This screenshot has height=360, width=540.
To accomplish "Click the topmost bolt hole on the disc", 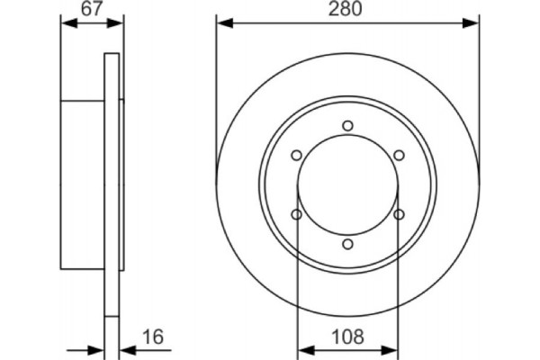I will point(348,126).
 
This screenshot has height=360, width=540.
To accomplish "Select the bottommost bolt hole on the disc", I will point(348,243).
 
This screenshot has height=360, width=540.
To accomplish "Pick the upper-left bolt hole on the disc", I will point(297,155).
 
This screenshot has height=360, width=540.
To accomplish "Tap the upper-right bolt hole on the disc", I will point(400,155).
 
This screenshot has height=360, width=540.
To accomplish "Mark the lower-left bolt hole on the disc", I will point(297,214).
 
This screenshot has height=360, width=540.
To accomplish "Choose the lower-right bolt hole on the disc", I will point(400,214).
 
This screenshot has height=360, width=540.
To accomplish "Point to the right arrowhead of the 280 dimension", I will point(473,20).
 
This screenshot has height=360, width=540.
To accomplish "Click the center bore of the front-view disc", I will point(348,184).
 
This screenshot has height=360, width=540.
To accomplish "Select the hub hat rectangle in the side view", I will point(83,184).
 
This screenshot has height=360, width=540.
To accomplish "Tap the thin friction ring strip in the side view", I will point(112,184).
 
